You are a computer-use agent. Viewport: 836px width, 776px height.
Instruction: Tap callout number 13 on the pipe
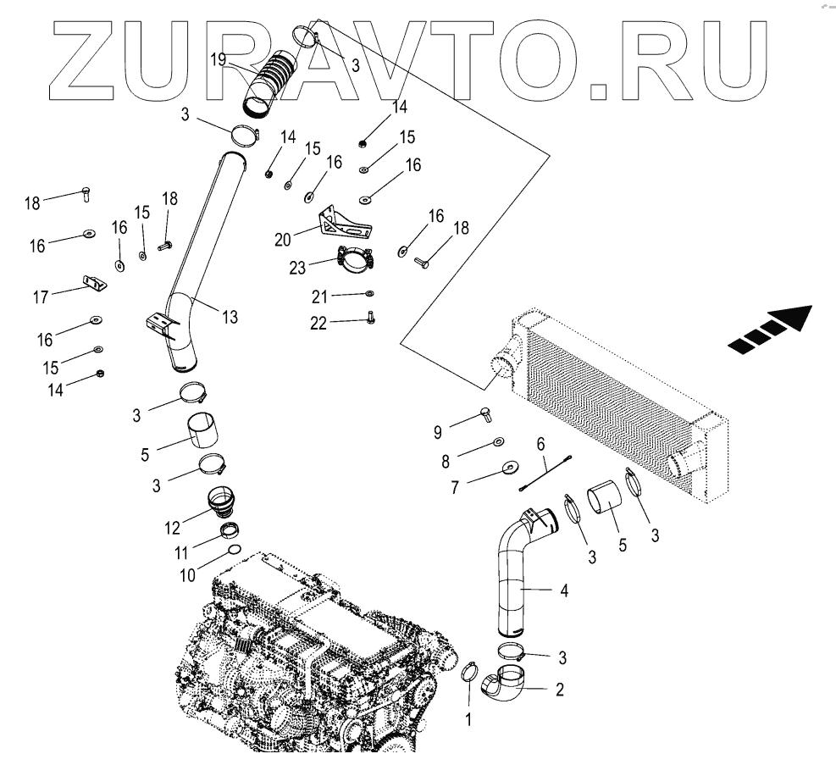click(x=230, y=317)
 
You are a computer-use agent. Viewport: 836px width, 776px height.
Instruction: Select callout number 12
click(x=173, y=527)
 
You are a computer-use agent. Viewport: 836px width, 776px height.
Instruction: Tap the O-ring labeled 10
click(x=234, y=551)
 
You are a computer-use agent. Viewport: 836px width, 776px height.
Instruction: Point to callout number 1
click(x=468, y=720)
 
